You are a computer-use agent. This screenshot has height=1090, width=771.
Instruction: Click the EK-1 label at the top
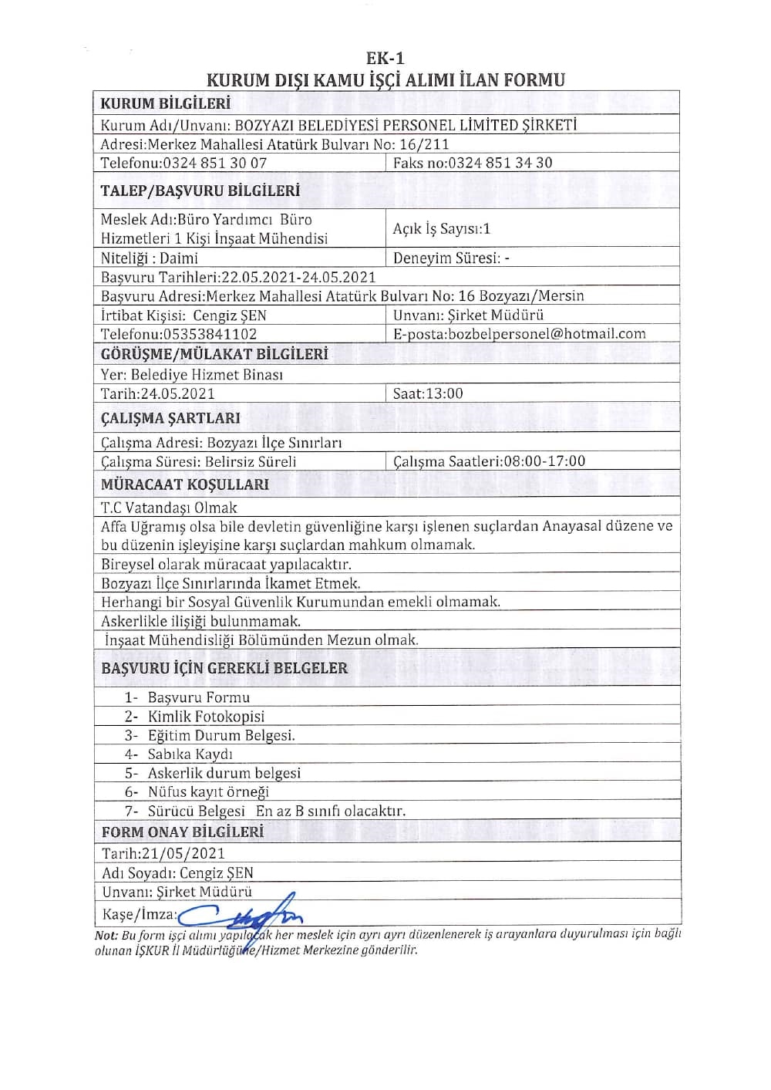(x=385, y=59)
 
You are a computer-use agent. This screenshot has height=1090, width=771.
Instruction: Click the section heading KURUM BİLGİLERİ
(x=166, y=103)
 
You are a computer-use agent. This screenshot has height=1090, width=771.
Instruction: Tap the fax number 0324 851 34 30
(x=500, y=163)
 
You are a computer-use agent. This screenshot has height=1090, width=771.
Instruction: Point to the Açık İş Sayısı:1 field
(x=442, y=228)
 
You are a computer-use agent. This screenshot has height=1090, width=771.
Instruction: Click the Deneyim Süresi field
(x=451, y=258)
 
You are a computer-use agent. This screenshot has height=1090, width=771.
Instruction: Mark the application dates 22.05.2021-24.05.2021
(x=298, y=277)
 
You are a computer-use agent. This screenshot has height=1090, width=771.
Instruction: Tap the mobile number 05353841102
(x=210, y=334)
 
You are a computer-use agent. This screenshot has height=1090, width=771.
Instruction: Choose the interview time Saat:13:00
(x=428, y=393)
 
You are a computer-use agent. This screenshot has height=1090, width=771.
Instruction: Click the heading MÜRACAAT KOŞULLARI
(x=185, y=484)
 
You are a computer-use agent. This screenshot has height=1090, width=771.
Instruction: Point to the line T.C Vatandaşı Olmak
(x=169, y=508)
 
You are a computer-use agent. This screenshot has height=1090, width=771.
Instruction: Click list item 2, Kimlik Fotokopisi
(x=206, y=717)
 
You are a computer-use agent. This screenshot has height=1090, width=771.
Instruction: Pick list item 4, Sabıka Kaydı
(x=190, y=754)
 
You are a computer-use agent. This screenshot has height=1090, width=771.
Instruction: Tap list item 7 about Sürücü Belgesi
(x=276, y=811)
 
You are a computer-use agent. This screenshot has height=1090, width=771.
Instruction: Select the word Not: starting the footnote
(x=106, y=935)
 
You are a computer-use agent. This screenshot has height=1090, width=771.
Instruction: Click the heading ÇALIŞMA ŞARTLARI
(x=170, y=418)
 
